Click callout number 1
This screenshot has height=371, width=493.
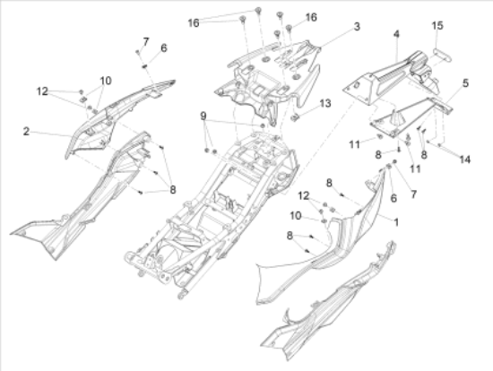396,222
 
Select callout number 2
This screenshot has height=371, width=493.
26,132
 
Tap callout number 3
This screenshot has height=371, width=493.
357,27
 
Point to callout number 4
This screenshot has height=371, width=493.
396,34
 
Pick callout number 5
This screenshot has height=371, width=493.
465,83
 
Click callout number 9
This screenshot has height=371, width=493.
203,116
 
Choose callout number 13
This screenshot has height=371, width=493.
325,103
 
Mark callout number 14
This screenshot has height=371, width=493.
464,160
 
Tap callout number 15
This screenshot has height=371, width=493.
437,25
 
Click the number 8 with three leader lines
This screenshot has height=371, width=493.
173,190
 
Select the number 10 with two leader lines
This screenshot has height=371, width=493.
106,81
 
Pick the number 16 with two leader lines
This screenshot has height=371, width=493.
194,22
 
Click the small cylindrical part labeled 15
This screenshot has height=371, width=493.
442,56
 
